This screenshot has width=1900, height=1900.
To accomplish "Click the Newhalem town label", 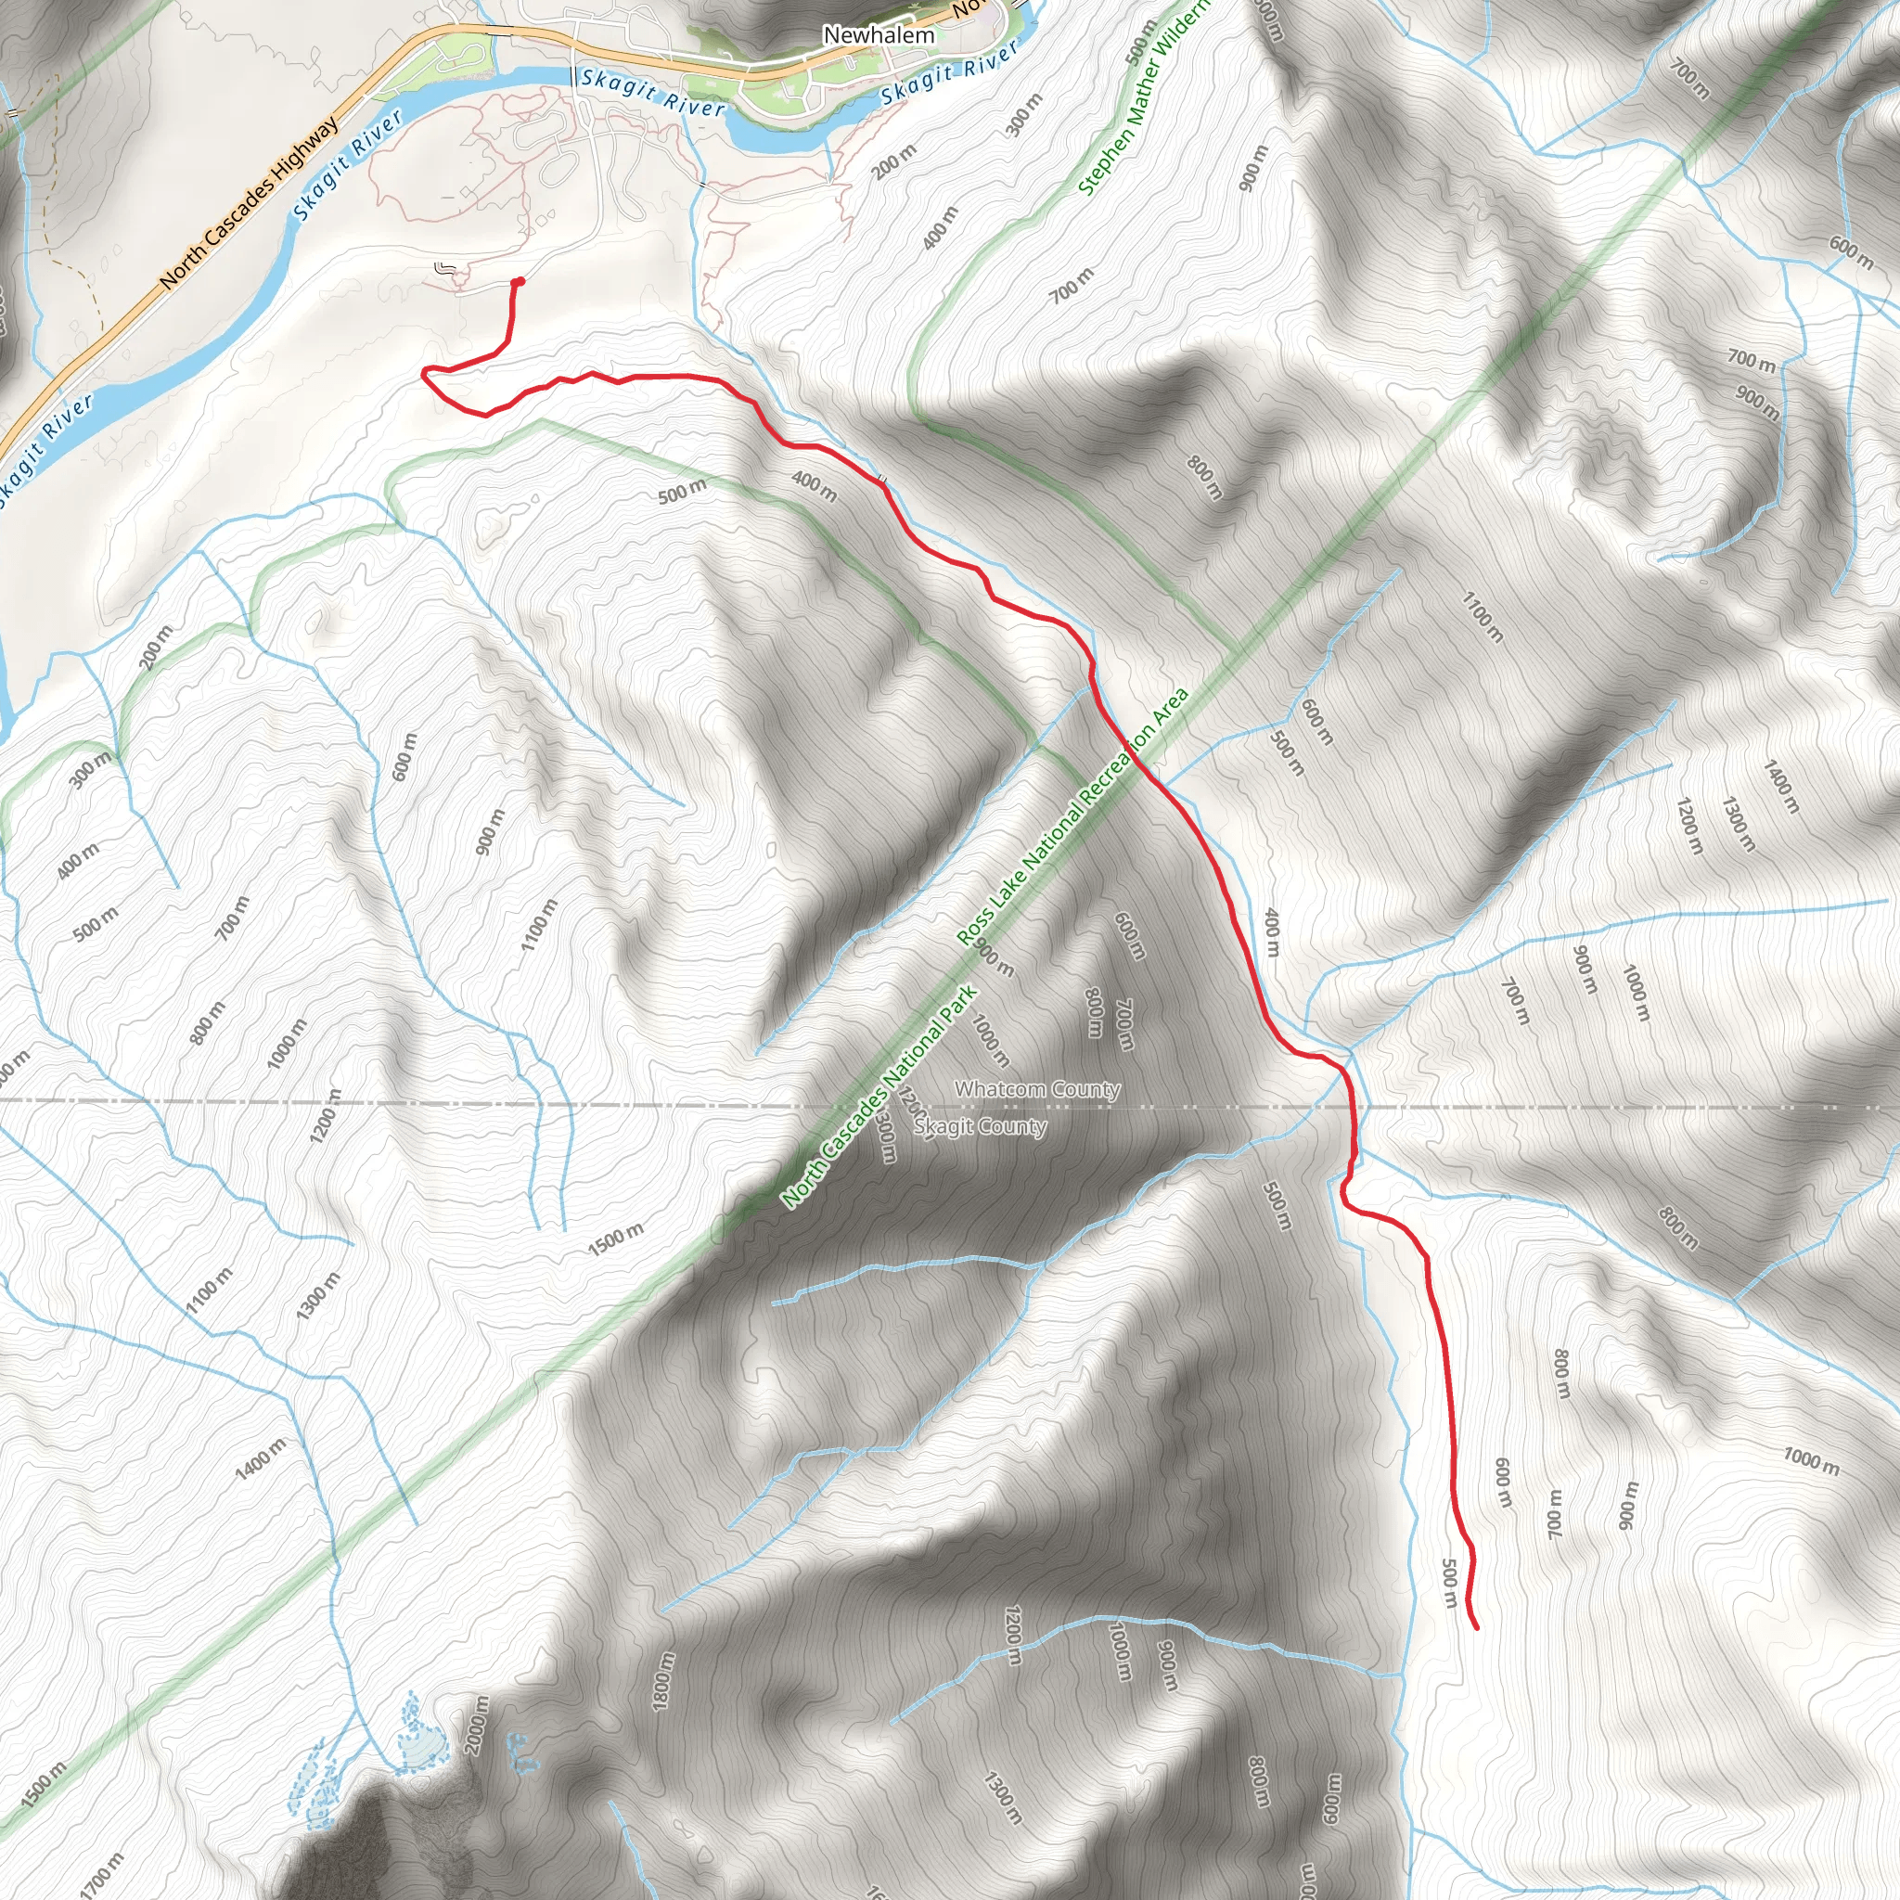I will coord(879,35).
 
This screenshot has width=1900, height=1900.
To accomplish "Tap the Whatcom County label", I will coord(1036,1090).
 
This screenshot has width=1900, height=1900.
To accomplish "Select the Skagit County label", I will coord(980,1127).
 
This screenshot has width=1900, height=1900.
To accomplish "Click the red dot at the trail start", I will coord(519,282).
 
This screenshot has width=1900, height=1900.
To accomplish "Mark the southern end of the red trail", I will coord(1476,1627).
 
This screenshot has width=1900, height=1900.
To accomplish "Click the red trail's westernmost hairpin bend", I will coord(424,372).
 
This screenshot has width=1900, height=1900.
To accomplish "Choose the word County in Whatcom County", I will coord(1084,1090).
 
